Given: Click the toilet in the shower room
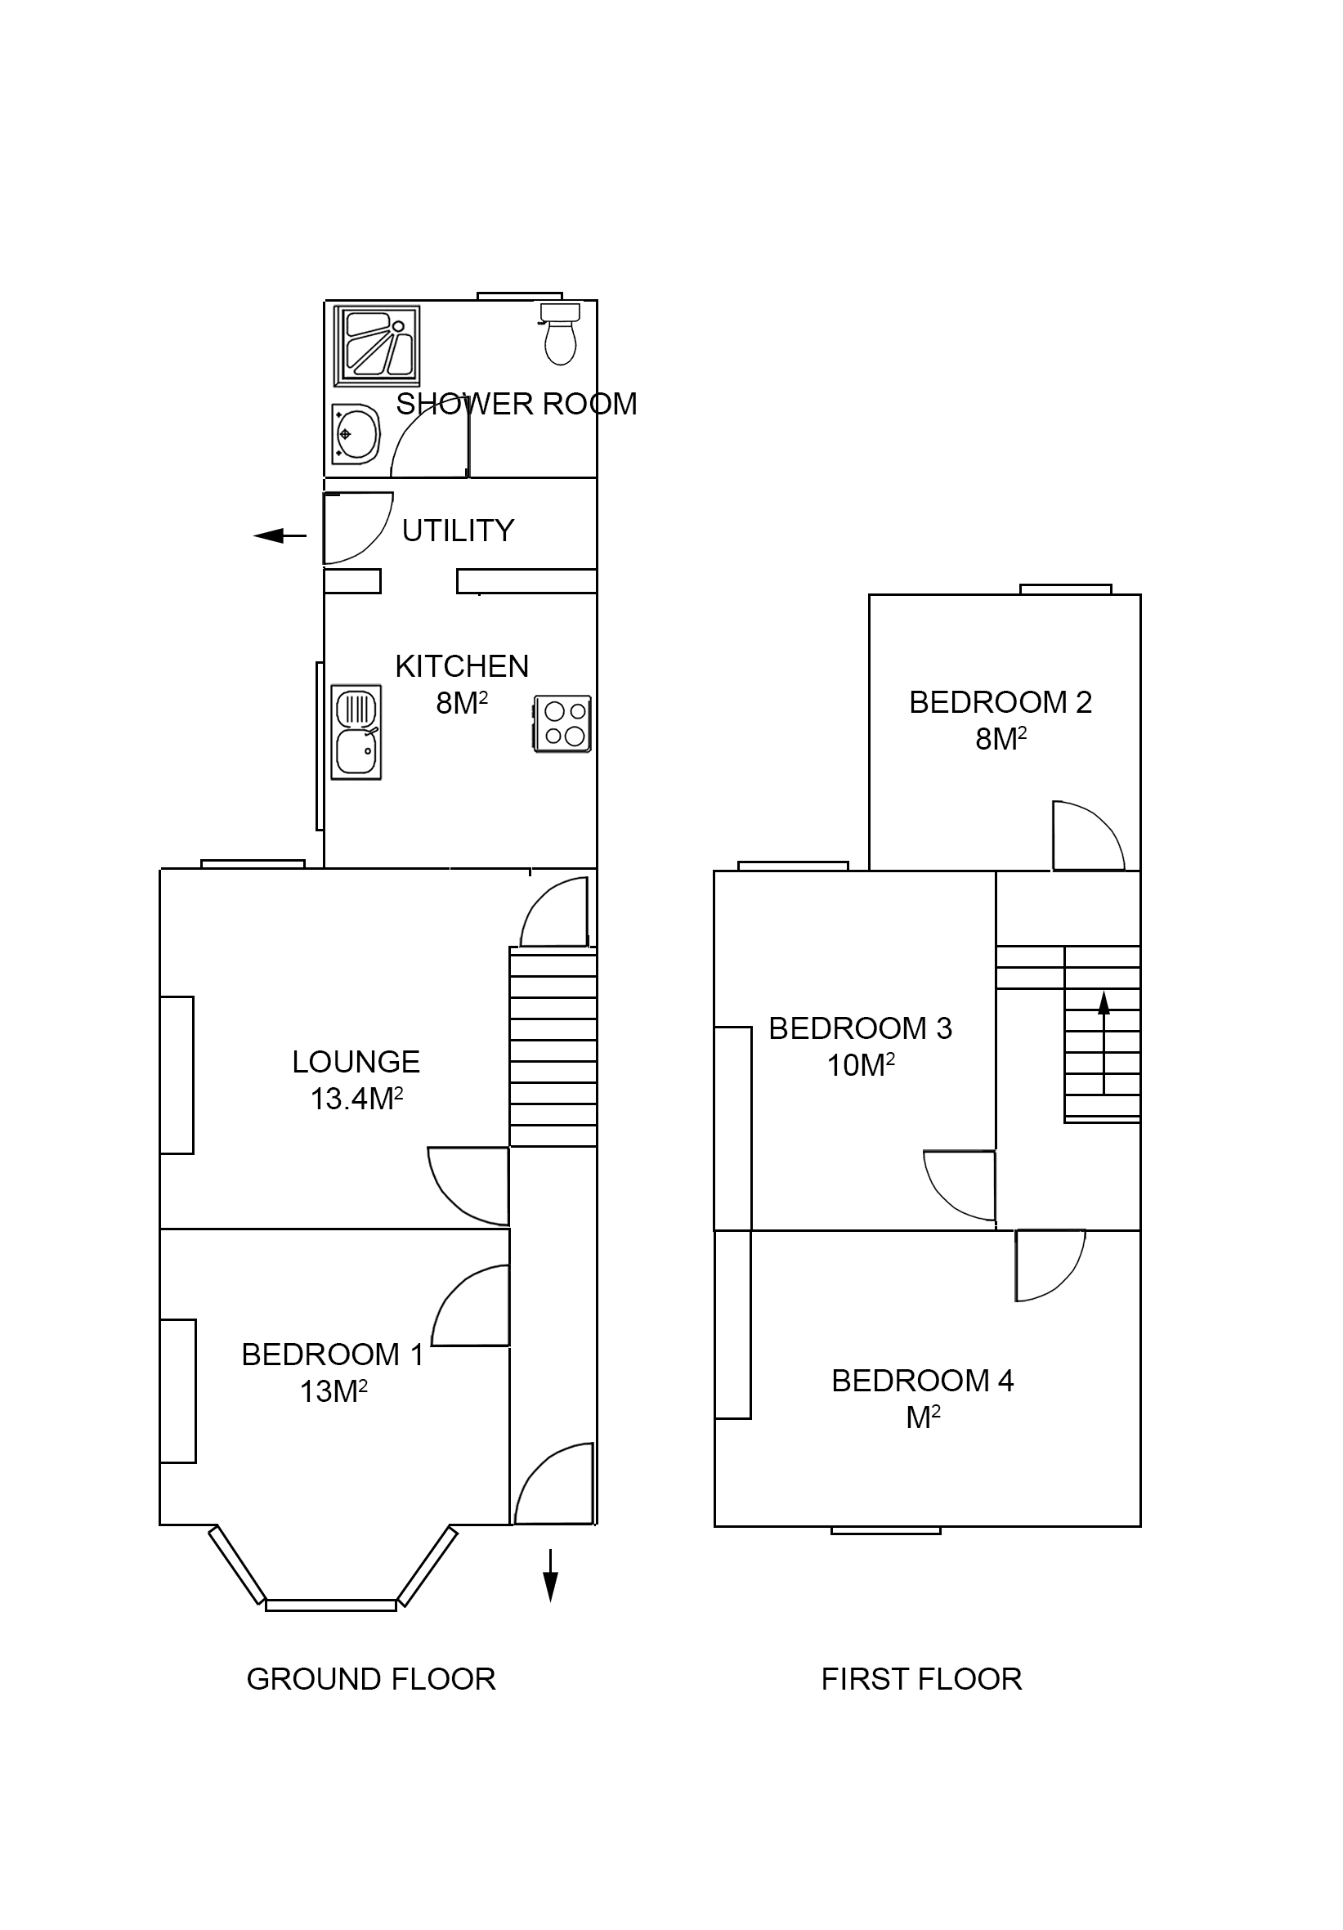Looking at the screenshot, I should tap(559, 335).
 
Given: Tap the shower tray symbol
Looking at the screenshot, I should tap(377, 346).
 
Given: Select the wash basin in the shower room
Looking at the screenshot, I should tap(356, 434).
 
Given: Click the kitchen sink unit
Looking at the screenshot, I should tap(356, 732).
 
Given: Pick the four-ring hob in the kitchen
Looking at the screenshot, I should tap(563, 723).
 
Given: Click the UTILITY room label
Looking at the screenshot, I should tap(457, 531).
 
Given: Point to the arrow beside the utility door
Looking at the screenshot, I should tap(280, 535).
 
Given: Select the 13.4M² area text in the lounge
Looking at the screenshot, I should tap(356, 1099).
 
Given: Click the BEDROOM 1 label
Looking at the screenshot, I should tap(332, 1355).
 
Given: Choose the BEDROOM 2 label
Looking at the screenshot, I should tap(1001, 702).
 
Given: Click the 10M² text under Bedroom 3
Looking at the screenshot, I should tap(860, 1065).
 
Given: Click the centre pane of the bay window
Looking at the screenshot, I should tap(330, 1605).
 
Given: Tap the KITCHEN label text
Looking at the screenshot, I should tap(461, 666).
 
